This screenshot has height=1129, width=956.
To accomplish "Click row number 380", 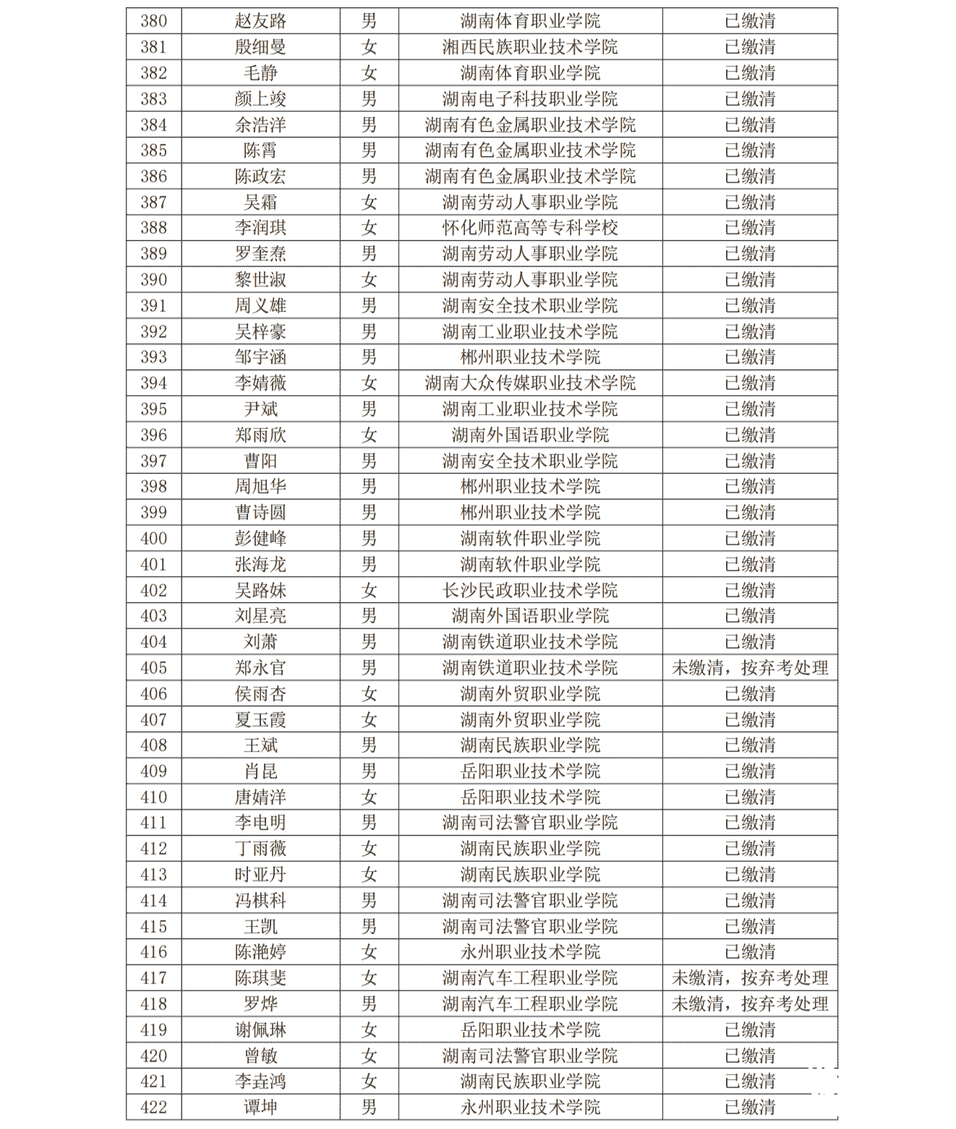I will pos(153,21).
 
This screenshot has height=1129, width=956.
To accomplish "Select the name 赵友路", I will pos(260,21).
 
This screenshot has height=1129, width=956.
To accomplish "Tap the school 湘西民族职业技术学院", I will pos(530,47).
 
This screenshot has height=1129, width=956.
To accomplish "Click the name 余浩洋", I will pos(260,125).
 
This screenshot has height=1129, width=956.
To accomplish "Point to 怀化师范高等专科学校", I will pos(530,228).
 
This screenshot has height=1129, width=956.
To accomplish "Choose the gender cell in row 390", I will pos(369,280).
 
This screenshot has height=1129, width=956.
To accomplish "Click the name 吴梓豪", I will pos(260,332).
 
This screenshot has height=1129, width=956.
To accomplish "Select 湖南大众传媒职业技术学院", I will pos(530,383).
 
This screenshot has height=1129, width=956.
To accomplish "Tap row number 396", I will pos(153,435).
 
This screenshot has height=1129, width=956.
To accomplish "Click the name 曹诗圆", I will pos(260,512).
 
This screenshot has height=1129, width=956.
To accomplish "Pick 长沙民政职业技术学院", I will pos(530,591).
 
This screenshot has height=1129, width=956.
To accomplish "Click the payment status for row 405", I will pos(750,668).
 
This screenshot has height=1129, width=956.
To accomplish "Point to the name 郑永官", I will pos(260,668).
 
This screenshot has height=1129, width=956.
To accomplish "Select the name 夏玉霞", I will pos(260,720).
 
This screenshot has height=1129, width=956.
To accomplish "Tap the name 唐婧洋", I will pos(260,797).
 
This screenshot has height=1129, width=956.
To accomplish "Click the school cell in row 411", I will pos(530,823).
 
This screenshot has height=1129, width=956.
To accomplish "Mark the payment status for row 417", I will pos(750,978).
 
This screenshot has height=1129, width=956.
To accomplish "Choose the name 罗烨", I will pos(260,1004).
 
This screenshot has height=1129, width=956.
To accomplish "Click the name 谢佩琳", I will pos(260,1030).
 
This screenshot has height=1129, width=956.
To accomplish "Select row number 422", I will pos(153,1107).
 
